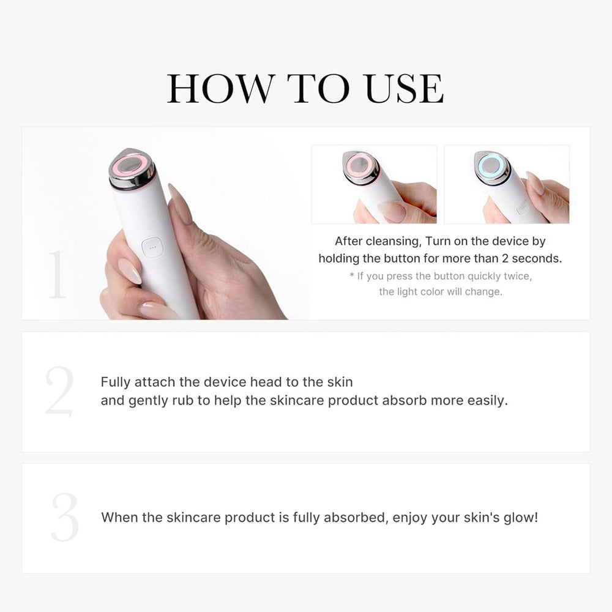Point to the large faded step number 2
[x=59, y=392]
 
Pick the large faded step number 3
[x=65, y=517]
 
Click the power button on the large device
[x=151, y=247]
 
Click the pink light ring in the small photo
[x=360, y=165]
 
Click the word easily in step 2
[x=487, y=401]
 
